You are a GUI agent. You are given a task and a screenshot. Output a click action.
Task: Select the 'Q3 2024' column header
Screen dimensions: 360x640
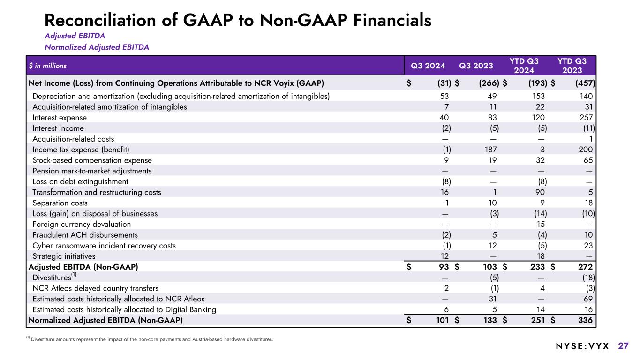(428, 66)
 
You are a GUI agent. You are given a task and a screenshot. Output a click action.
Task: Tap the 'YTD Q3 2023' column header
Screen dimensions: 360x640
(572, 66)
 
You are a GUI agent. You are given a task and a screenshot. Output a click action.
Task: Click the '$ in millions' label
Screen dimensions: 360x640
(47, 66)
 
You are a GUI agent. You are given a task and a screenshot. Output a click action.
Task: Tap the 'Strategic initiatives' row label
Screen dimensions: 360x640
(64, 256)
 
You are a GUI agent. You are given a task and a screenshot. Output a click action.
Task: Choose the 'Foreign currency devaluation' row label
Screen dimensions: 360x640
(75, 224)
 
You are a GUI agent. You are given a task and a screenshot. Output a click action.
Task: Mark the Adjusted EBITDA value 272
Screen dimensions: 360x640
(585, 267)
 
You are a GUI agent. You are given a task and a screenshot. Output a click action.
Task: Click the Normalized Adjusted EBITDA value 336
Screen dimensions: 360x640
(585, 321)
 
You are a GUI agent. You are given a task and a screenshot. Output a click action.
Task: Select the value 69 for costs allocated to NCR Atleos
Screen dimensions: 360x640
(588, 299)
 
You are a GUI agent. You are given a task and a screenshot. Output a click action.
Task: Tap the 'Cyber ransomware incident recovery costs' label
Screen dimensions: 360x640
(104, 245)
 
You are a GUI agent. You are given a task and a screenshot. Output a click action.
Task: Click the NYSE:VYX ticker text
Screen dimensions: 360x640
(576, 346)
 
